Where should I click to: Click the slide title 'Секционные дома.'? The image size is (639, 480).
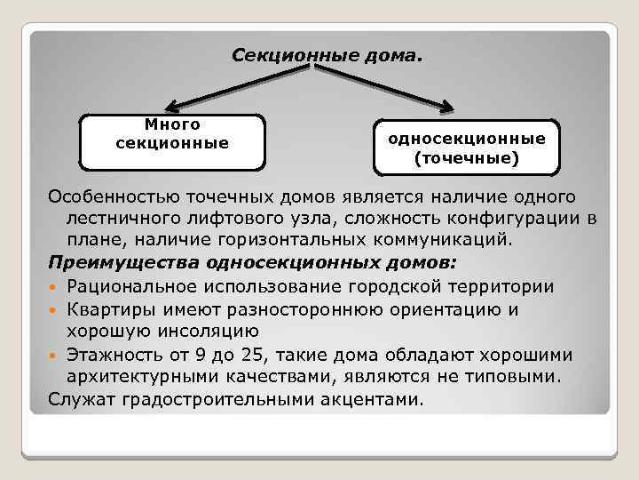tap(327, 56)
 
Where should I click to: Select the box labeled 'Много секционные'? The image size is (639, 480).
tap(172, 141)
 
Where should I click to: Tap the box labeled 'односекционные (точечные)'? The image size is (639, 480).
tap(467, 148)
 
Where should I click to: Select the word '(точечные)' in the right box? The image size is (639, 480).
tap(467, 160)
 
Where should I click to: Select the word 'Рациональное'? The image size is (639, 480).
tap(142, 286)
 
